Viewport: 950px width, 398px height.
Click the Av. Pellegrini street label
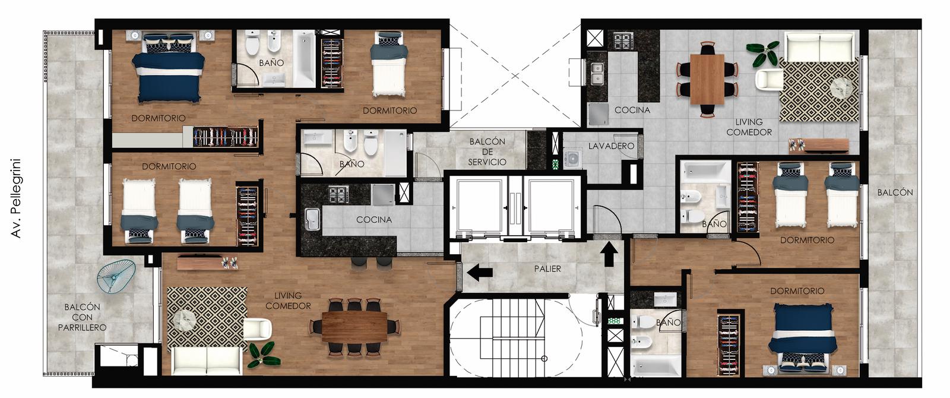coord(15,198)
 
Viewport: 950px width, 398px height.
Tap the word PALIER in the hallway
coord(547,269)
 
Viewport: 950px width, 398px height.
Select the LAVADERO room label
coord(611,146)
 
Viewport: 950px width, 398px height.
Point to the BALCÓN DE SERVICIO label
coord(487,151)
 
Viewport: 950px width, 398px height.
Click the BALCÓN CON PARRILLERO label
coord(83,317)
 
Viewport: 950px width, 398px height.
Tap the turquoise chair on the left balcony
coord(116,276)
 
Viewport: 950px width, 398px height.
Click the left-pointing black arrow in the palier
coord(479,272)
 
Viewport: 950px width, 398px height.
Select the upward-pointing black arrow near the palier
coord(609,254)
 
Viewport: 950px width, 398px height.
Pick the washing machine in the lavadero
coord(572,158)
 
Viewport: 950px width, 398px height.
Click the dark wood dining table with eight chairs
coord(354,326)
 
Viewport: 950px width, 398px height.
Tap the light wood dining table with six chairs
coord(707,80)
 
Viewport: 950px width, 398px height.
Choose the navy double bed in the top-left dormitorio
coord(169,69)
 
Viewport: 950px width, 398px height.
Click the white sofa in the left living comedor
coord(207,361)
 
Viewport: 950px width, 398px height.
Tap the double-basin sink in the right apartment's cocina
coord(597,74)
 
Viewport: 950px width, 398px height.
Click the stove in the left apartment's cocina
coord(338,194)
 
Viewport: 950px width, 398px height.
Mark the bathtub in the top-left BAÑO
coord(304,59)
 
